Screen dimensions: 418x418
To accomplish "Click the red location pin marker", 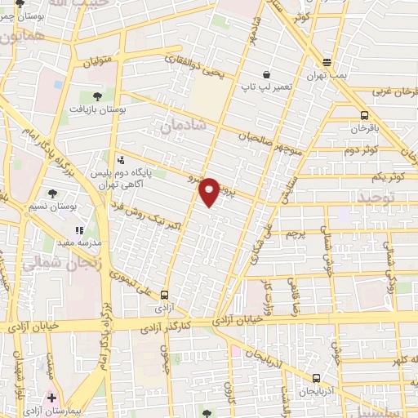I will [x=210, y=191].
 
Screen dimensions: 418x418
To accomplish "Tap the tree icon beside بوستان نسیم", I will [x=53, y=193].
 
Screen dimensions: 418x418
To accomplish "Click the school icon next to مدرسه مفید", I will [x=80, y=209].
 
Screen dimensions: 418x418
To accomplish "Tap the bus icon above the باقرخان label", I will [x=364, y=115].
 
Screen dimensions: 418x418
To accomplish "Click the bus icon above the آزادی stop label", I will [x=165, y=295].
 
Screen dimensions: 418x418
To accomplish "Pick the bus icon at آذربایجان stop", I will [x=317, y=378].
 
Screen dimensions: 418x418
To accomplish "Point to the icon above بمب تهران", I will [x=327, y=62].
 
